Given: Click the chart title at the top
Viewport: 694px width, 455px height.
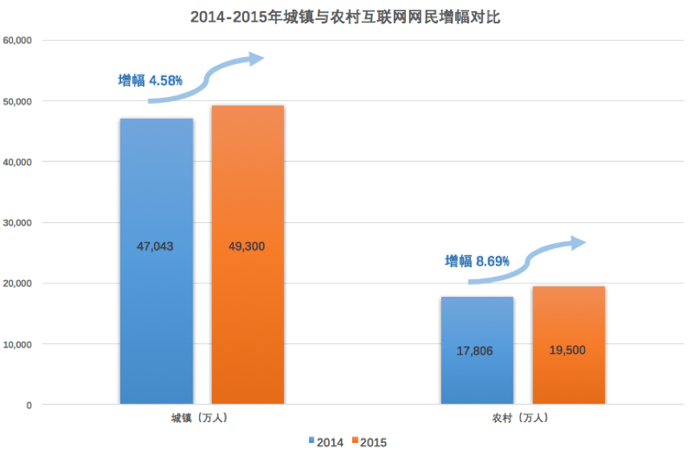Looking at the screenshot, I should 346,17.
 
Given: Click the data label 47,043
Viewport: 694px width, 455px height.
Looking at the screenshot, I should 155,246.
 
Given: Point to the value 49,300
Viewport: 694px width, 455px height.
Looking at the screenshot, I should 246,246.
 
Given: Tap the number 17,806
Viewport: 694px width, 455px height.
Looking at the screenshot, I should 476,351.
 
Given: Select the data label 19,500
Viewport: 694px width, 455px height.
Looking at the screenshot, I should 567,351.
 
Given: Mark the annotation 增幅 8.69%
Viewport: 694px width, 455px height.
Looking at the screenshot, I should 477,261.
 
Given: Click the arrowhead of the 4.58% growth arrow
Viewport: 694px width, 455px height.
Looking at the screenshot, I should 255,59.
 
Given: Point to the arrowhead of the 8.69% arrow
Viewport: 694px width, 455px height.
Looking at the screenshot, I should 578,243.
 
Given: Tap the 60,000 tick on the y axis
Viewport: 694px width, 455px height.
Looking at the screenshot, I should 17,40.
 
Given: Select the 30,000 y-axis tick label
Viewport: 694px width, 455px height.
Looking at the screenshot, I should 17,222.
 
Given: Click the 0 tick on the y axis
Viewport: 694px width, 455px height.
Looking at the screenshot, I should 28,405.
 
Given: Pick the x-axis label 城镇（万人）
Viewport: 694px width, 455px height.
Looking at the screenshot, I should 202,418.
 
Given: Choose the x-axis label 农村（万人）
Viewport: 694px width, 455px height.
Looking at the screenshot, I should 522,418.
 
